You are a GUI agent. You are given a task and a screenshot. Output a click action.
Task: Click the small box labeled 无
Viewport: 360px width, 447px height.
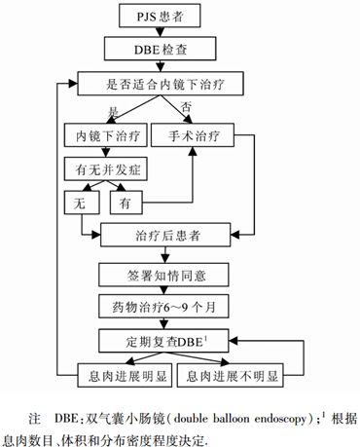pos(77,203)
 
